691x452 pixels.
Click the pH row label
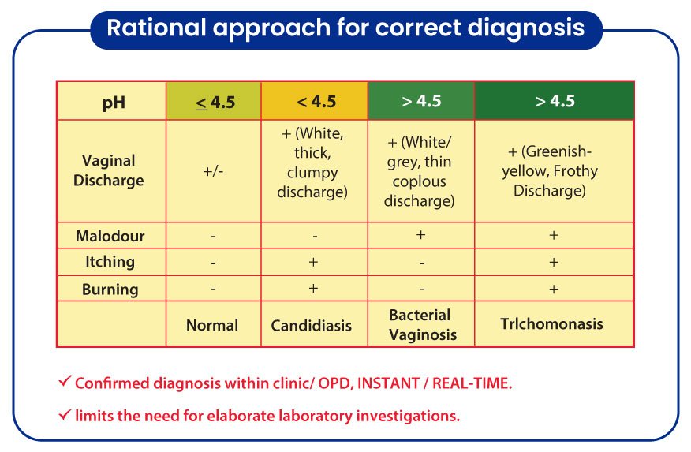[x=114, y=103]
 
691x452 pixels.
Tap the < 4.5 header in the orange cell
[x=316, y=103]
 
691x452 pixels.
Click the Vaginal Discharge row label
[x=108, y=170]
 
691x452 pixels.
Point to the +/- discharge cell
[x=213, y=171]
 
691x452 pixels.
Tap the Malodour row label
[x=110, y=236]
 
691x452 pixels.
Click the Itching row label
[x=110, y=262]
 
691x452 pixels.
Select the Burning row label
[x=110, y=290]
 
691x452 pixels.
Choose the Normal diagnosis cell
[x=212, y=325]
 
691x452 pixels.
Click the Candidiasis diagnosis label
[x=311, y=326]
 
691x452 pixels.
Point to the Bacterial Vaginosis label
[x=423, y=325]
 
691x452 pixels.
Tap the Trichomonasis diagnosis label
[x=551, y=323]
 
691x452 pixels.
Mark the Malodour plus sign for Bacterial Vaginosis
[x=421, y=235]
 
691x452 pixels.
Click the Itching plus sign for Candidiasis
[x=313, y=262]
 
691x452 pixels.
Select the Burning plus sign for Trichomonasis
[x=554, y=289]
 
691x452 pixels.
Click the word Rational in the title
[x=156, y=28]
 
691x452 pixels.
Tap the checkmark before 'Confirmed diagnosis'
[x=65, y=381]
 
